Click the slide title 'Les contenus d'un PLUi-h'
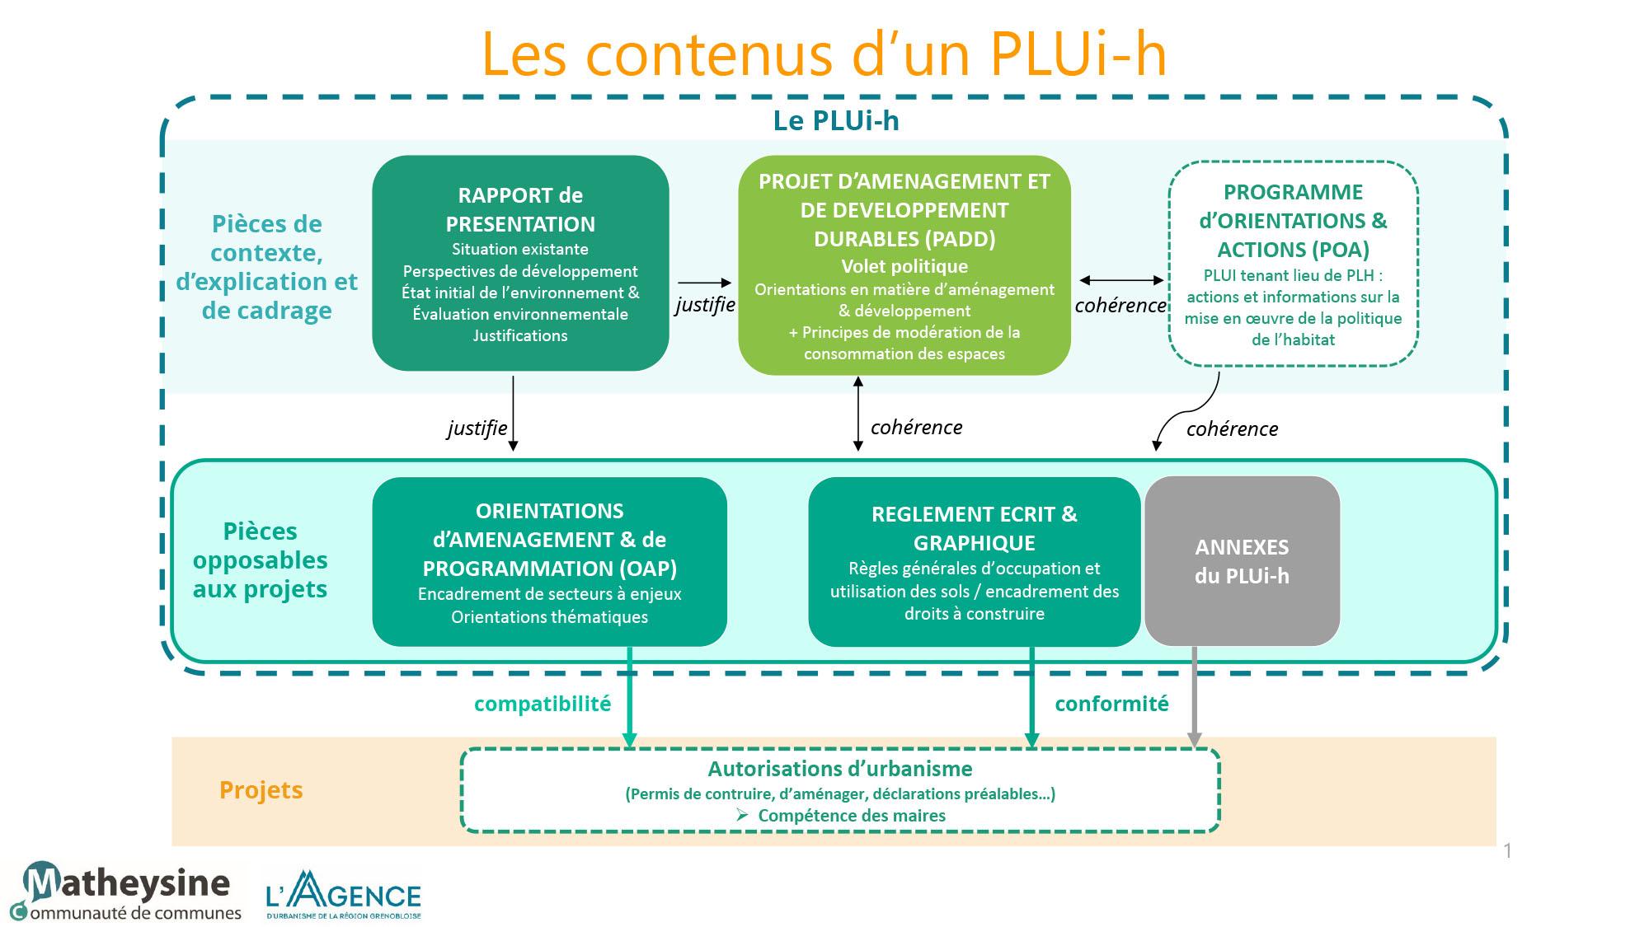coord(824,54)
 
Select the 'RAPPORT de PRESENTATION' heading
coord(520,209)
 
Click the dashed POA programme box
coord(1293,264)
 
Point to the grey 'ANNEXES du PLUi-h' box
coord(1242,561)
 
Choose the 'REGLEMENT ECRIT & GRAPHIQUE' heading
coord(974,528)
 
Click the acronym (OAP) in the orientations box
coord(647,569)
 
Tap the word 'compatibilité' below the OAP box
coord(543,704)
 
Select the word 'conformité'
coord(1111,704)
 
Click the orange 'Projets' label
coord(261,789)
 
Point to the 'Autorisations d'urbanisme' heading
coord(840,769)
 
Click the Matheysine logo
coord(124,891)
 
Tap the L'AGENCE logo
coord(343,895)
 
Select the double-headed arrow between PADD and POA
coord(1121,281)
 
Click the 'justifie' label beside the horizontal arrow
coord(705,305)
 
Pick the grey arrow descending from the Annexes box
coord(1194,697)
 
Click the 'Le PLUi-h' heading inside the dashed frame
coord(836,120)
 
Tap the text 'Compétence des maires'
coord(852,816)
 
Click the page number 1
coord(1507,851)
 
